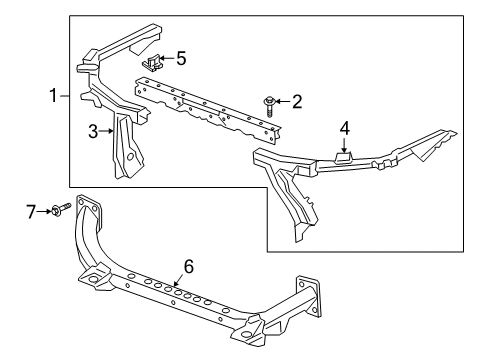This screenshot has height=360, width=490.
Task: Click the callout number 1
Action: [x=54, y=96]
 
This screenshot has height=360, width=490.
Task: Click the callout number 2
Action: [x=297, y=101]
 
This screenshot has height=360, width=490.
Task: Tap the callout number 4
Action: [x=344, y=128]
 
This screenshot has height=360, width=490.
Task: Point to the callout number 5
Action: [x=180, y=59]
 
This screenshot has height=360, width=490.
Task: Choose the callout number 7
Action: [x=31, y=210]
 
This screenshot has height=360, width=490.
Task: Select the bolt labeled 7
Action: [x=62, y=210]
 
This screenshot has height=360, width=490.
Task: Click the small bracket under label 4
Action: [x=343, y=154]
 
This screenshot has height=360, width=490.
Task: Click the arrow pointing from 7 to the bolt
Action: [x=45, y=210]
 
